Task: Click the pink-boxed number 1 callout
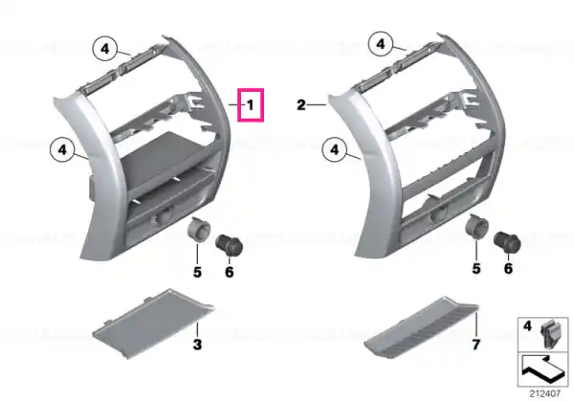(251, 105)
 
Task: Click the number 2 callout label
(301, 105)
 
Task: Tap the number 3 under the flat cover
(197, 345)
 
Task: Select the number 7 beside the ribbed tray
(475, 345)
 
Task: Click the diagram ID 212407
(545, 393)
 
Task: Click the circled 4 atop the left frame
(105, 48)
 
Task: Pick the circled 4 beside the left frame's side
(62, 149)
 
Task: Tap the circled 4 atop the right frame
(381, 45)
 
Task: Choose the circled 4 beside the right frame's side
(335, 149)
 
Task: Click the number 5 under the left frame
(197, 273)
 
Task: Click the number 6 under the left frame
(230, 273)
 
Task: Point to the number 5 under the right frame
(475, 269)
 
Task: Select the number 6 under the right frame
(508, 269)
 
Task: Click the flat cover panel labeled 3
(152, 324)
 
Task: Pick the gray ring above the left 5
(199, 229)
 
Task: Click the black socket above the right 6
(507, 241)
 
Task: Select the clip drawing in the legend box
(551, 333)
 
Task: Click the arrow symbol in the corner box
(542, 369)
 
